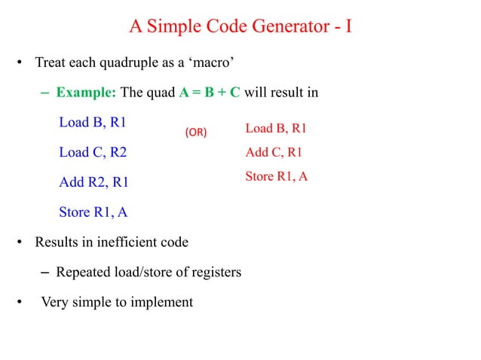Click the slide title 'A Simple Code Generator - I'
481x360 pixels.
click(240, 28)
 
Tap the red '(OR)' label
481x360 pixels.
click(196, 132)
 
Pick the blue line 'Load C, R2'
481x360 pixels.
click(93, 153)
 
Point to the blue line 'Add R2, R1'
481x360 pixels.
click(93, 182)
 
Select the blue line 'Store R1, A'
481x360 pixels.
click(93, 212)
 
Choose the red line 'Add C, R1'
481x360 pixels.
click(274, 153)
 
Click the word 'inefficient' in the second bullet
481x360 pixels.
click(133, 243)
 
